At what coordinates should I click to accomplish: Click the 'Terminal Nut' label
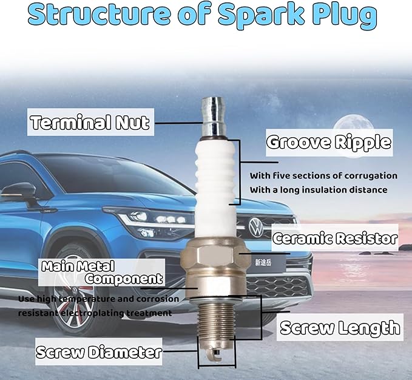click(90, 122)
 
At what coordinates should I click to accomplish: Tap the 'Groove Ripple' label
click(329, 142)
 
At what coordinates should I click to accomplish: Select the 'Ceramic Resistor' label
click(335, 238)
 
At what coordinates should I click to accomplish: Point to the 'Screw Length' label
click(340, 327)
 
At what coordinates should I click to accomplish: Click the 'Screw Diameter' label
click(98, 352)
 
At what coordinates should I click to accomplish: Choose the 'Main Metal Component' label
click(102, 273)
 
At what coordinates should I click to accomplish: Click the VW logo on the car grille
click(256, 227)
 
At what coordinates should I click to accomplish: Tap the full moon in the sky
click(353, 129)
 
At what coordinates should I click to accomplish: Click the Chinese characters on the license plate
click(263, 262)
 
